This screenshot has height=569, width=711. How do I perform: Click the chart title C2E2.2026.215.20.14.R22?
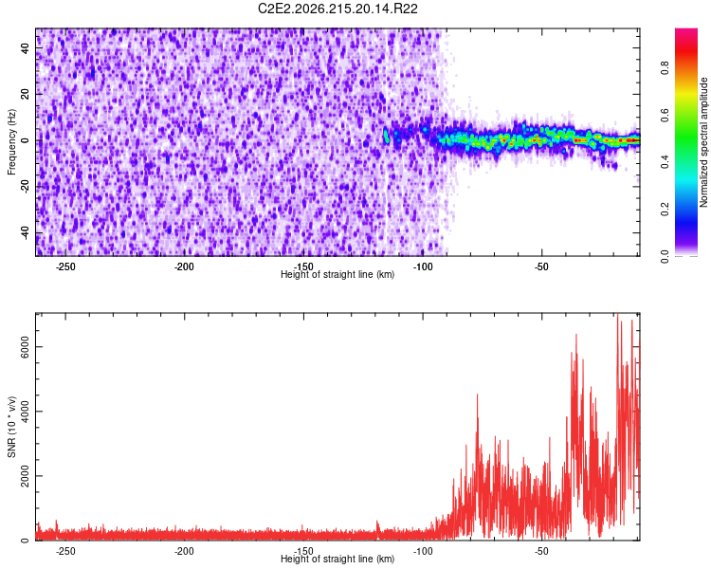tap(337, 9)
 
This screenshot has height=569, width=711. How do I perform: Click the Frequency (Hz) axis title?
tap(11, 142)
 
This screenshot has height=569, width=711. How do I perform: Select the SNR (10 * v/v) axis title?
tap(11, 427)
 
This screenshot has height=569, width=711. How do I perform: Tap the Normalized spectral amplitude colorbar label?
tap(703, 142)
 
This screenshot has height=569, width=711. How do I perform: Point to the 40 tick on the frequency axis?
tap(25, 47)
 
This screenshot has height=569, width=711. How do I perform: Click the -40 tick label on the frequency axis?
tap(25, 232)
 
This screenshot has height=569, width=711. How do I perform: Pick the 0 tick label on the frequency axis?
tap(25, 140)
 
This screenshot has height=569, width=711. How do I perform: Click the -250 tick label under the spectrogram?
tap(65, 266)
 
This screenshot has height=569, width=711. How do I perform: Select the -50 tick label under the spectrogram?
tap(541, 266)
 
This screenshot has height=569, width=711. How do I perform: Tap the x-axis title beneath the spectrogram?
tap(337, 274)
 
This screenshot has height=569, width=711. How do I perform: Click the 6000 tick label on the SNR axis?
tap(25, 347)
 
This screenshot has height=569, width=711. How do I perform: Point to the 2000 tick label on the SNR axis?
tap(25, 476)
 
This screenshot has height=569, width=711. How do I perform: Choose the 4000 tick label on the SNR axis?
tap(25, 411)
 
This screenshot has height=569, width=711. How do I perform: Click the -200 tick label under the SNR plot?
tap(184, 551)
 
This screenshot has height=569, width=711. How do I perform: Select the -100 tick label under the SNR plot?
tap(423, 551)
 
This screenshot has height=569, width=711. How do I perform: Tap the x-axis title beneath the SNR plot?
tap(337, 559)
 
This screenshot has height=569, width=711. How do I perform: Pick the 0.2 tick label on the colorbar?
tap(665, 210)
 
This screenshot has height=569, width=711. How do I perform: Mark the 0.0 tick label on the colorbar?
tap(665, 256)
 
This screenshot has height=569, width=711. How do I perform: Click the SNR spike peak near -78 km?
tap(477, 395)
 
